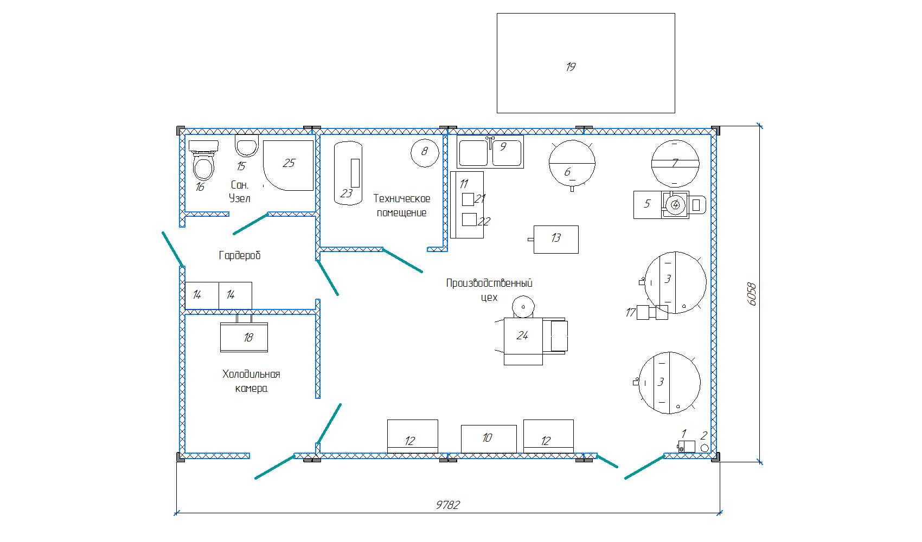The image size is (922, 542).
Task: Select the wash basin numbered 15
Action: tap(247, 146)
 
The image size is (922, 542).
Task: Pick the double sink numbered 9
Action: tap(490, 152)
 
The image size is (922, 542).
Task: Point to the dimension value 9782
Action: tap(448, 505)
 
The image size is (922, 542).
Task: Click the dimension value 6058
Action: tap(752, 294)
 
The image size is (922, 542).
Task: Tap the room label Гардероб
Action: tap(240, 255)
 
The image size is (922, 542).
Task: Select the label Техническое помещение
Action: tap(402, 205)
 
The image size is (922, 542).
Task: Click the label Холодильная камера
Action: tap(251, 381)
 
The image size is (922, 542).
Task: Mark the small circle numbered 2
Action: tap(705, 448)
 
